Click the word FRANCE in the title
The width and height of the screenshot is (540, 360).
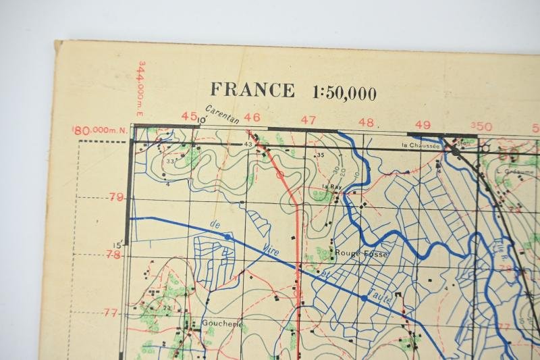[252, 91]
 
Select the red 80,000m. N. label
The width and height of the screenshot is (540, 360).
[99, 130]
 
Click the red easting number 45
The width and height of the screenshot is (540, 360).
[190, 116]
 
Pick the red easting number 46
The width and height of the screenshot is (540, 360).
[252, 118]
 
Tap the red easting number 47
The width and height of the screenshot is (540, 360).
[308, 120]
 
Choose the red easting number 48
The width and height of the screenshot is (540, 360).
[366, 122]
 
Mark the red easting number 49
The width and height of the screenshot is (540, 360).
[423, 124]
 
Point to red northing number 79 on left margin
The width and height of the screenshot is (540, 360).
[116, 197]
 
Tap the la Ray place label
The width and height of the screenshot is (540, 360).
[331, 186]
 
